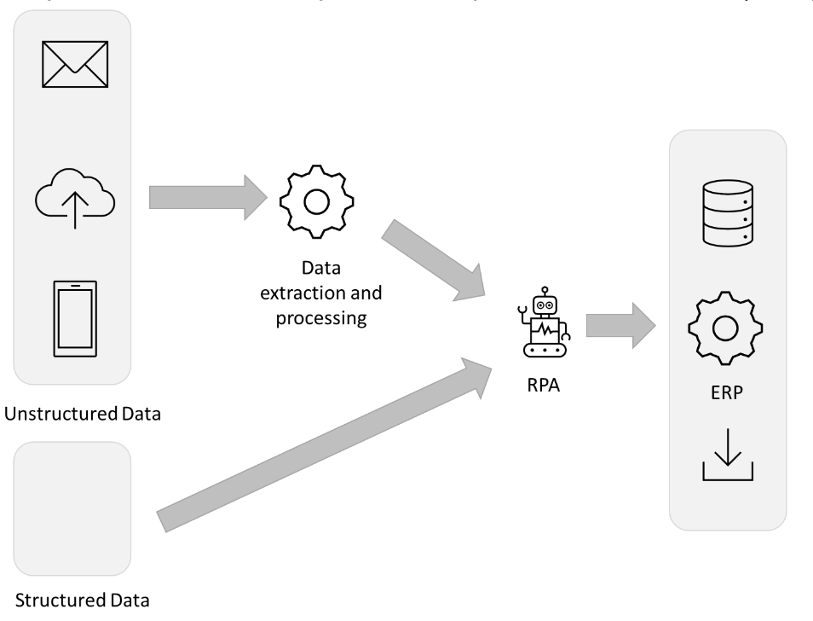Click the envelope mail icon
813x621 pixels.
coord(75,64)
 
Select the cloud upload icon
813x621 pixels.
coord(75,198)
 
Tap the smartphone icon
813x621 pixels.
coord(75,318)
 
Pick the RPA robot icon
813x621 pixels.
coord(545,322)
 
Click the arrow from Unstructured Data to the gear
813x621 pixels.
coord(208,198)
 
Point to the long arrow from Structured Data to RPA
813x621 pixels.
coord(324,445)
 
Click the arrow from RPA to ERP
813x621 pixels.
coord(621,326)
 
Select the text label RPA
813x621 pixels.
coord(544,386)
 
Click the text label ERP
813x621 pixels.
coord(726,392)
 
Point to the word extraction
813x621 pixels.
coord(303,293)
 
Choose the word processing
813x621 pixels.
coord(321,318)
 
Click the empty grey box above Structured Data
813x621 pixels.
coord(72,509)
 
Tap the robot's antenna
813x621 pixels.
coord(545,291)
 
